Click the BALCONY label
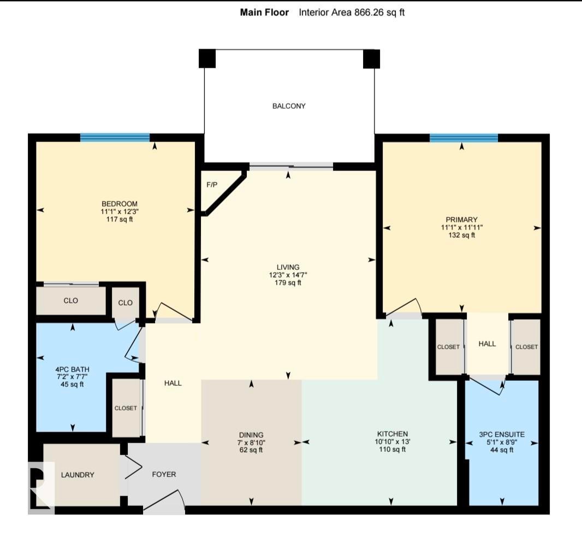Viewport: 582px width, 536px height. [289, 106]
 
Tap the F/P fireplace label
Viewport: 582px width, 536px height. [212, 185]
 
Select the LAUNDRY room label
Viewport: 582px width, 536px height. [78, 475]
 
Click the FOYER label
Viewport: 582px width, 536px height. [164, 474]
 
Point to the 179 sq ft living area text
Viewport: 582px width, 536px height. [288, 282]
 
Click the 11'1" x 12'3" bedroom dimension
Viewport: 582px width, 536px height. [120, 211]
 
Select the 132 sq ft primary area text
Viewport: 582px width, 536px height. [462, 235]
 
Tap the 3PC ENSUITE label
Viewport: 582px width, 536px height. [502, 434]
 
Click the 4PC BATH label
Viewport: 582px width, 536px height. [72, 369]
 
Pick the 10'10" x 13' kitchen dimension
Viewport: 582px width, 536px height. [393, 441]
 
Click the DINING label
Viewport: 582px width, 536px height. [251, 434]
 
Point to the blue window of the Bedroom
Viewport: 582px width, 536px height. [115, 138]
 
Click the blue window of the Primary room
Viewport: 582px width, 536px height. [464, 138]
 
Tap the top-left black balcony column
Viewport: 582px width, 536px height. [207, 58]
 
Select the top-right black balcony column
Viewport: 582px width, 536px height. [371, 58]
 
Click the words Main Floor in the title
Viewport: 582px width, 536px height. [264, 12]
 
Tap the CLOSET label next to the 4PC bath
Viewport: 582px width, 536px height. [126, 408]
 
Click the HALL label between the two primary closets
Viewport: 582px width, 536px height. [487, 344]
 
